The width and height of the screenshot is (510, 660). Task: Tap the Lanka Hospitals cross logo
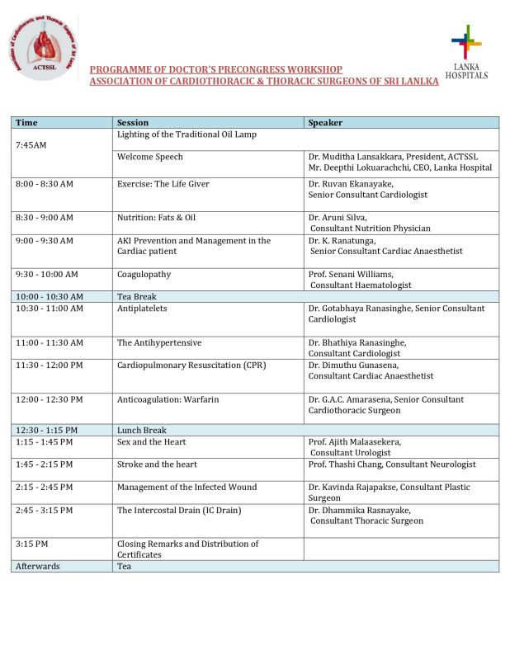tap(466, 41)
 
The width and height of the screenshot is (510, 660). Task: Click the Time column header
tap(26, 123)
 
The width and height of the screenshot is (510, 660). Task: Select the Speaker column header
tap(325, 123)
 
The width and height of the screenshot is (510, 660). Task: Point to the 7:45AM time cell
tap(31, 145)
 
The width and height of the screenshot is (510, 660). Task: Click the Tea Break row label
tap(137, 296)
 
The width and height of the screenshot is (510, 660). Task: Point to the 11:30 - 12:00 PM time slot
tap(50, 365)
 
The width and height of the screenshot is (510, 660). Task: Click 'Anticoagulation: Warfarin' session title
tap(168, 399)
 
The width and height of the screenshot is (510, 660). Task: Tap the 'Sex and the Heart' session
tap(152, 442)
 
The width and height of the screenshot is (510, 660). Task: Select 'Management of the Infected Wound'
tap(187, 488)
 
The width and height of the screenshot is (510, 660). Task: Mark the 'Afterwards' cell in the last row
tap(38, 566)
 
